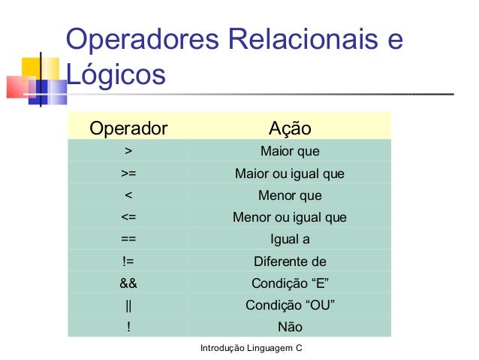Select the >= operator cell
(x=128, y=174)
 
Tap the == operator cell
(x=128, y=240)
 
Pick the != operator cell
(x=128, y=262)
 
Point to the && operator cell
(x=128, y=283)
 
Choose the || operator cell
(x=128, y=305)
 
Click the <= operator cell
(x=128, y=218)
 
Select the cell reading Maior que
(x=290, y=153)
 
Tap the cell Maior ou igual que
(x=290, y=174)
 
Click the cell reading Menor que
(x=290, y=196)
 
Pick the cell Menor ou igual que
(x=290, y=218)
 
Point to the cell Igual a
(x=290, y=240)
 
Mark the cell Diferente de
(x=290, y=262)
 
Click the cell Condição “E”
(x=290, y=283)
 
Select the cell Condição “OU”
(x=290, y=305)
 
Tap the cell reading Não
(x=290, y=327)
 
